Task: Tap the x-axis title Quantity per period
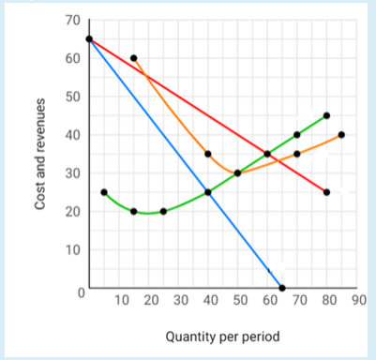tap(222, 336)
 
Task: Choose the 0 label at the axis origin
tap(81, 293)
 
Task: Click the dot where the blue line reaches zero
tap(282, 288)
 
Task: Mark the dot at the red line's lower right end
tap(326, 192)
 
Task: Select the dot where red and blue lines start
tap(89, 39)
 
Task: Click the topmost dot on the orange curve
tap(133, 58)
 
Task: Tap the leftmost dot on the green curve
tap(103, 192)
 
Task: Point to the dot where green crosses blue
tap(207, 192)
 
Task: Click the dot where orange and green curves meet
tap(237, 172)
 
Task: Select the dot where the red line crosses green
tap(267, 154)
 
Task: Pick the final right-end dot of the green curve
tap(326, 115)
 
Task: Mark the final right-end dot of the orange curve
tap(341, 134)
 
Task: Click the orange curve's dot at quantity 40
tap(207, 154)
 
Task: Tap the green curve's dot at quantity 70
tap(296, 134)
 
